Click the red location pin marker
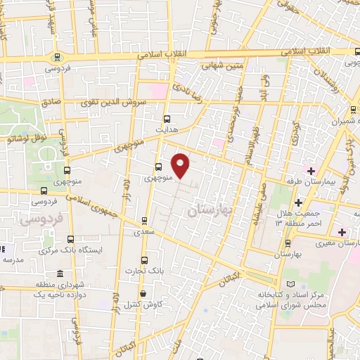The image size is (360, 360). point(181,165)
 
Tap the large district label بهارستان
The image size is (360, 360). point(212,210)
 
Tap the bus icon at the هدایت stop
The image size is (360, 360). point(167,119)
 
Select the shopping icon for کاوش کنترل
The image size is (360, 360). point(143,294)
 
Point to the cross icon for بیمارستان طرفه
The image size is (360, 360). point(311,171)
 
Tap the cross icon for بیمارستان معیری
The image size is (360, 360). point(342,232)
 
